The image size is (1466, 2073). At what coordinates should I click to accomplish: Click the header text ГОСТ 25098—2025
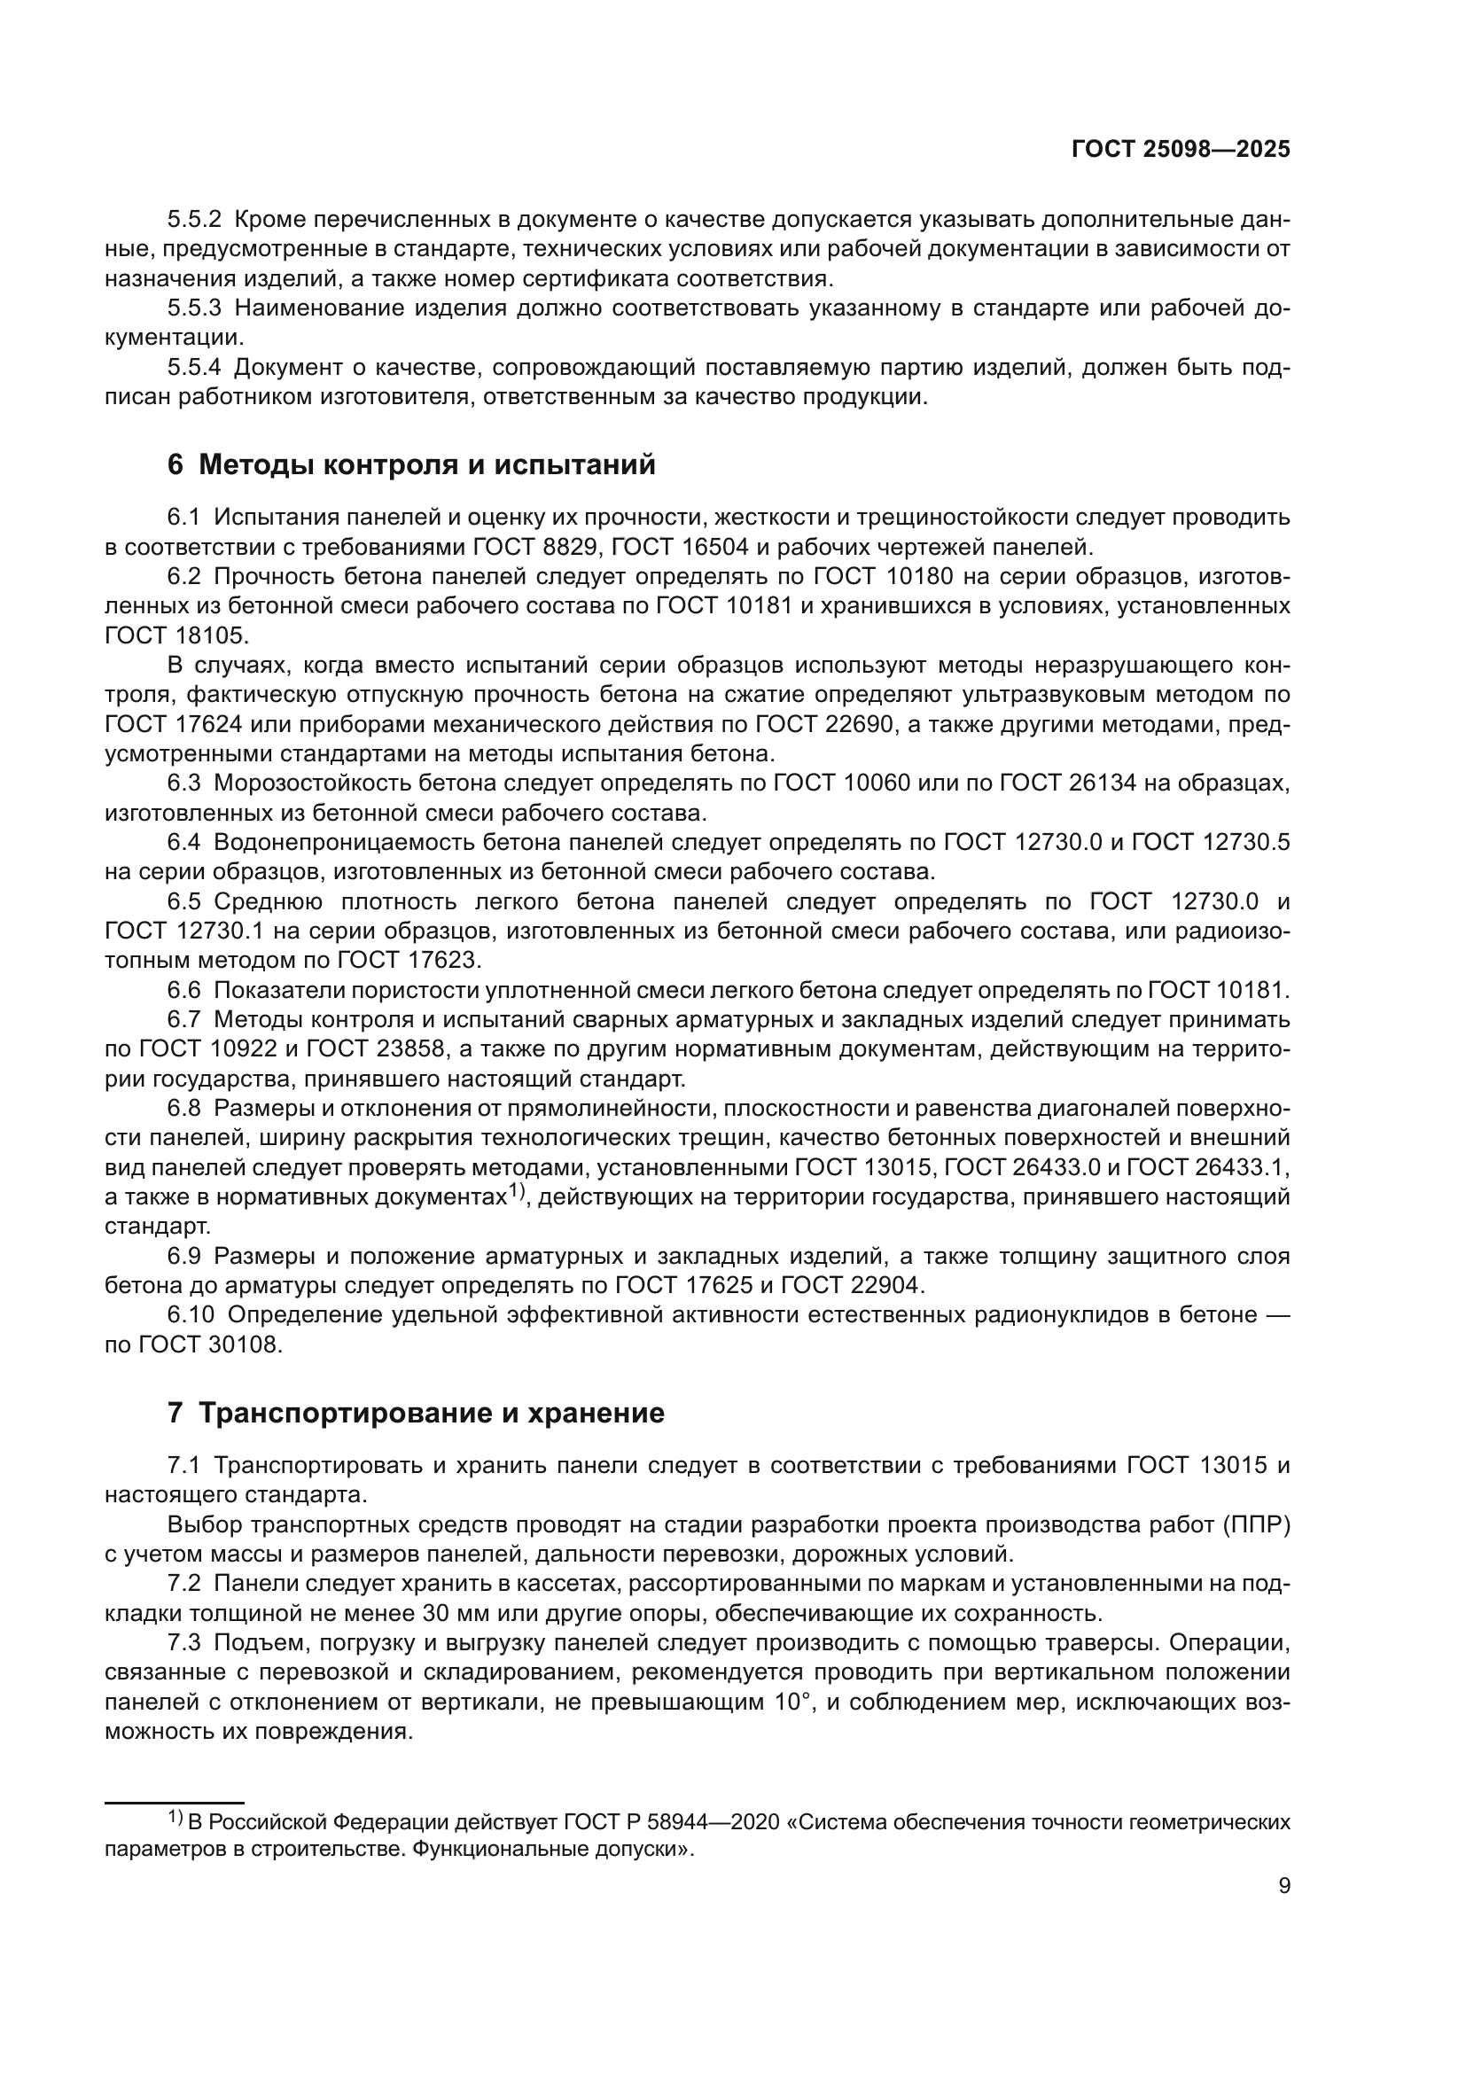tap(1180, 150)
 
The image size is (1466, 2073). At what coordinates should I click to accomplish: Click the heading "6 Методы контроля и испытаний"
tap(410, 465)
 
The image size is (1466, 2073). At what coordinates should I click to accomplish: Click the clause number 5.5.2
tap(194, 220)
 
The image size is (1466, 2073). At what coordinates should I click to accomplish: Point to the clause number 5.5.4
tap(194, 368)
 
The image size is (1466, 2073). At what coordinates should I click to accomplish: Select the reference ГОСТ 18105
tap(175, 635)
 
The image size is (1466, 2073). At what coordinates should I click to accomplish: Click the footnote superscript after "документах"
tap(516, 1192)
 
